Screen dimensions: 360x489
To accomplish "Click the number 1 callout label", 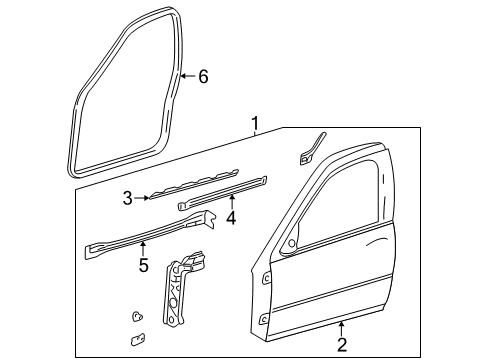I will tap(255, 125).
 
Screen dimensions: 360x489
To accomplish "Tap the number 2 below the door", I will tap(341, 346).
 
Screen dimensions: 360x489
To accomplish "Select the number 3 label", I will tap(128, 198).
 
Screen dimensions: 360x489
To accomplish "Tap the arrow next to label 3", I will tap(143, 198).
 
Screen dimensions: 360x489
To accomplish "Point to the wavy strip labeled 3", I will tap(190, 183).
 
